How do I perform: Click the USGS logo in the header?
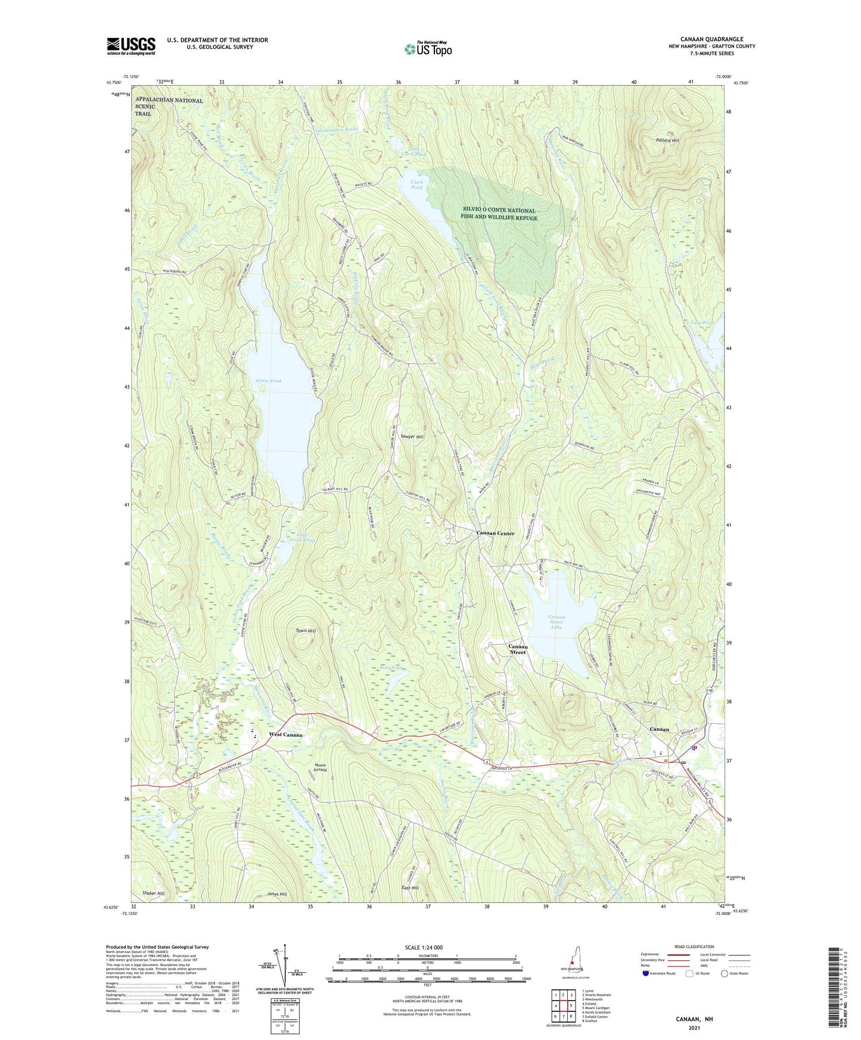point(131,46)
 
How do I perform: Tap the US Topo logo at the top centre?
point(428,49)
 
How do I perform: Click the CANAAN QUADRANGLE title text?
point(711,39)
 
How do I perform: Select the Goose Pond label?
point(268,381)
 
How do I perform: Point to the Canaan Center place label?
point(495,533)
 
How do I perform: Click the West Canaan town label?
point(285,734)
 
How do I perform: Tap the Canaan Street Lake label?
point(556,622)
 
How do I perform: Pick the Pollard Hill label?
point(667,141)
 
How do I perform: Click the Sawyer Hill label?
point(411,437)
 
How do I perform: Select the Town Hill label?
point(306,631)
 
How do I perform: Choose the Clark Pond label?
point(416,185)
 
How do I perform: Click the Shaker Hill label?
point(153,893)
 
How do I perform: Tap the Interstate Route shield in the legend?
point(647,973)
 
